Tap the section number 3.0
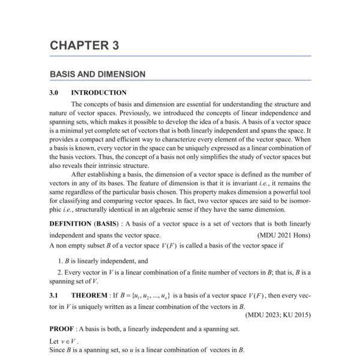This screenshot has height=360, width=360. click(56, 93)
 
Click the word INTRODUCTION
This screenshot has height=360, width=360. click(98, 93)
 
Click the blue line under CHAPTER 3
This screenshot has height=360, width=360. click(180, 56)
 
